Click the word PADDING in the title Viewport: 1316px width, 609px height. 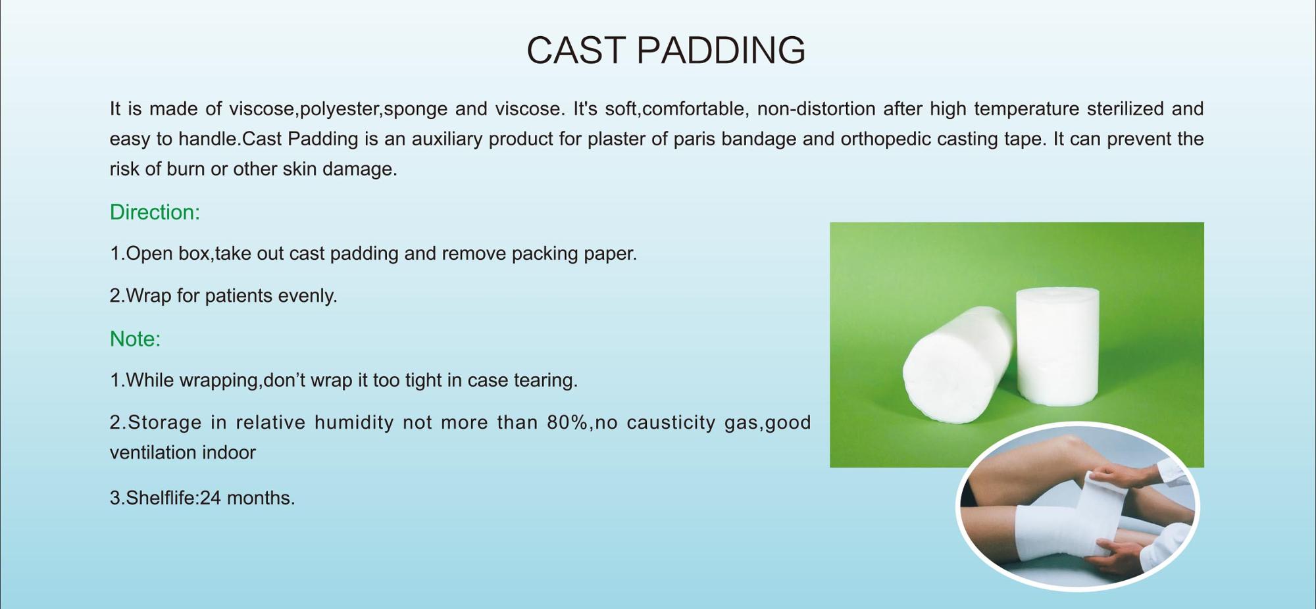click(721, 50)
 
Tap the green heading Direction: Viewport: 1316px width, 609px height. click(155, 212)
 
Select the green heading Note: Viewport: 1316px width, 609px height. click(135, 339)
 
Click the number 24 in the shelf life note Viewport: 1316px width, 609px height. click(211, 498)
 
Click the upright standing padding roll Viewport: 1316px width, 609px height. click(1057, 345)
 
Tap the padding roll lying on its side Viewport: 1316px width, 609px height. click(957, 365)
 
